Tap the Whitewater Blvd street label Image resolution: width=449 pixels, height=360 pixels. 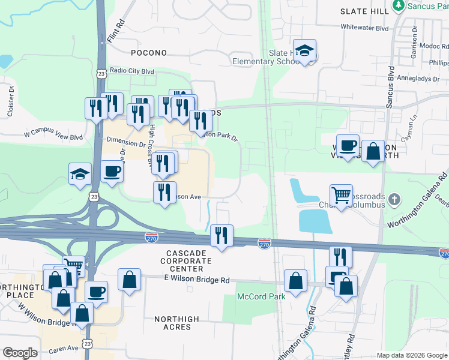[365, 27]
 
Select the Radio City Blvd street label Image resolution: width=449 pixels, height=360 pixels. [131, 71]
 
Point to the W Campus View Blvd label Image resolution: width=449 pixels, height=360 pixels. [53, 136]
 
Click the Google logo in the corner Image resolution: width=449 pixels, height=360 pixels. [20, 353]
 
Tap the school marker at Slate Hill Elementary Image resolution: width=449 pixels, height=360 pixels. [305, 50]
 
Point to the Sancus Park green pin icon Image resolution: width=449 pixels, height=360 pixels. [397, 5]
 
